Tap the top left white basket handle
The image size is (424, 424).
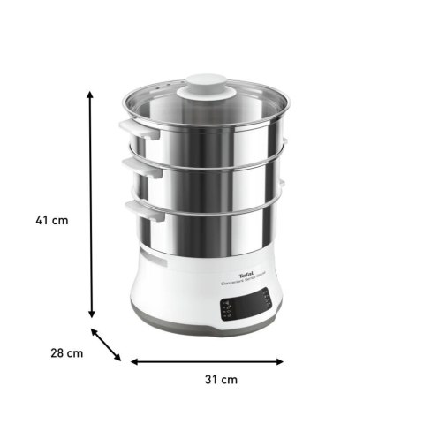(133, 129)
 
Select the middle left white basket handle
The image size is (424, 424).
(132, 168)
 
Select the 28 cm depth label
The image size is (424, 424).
(66, 353)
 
